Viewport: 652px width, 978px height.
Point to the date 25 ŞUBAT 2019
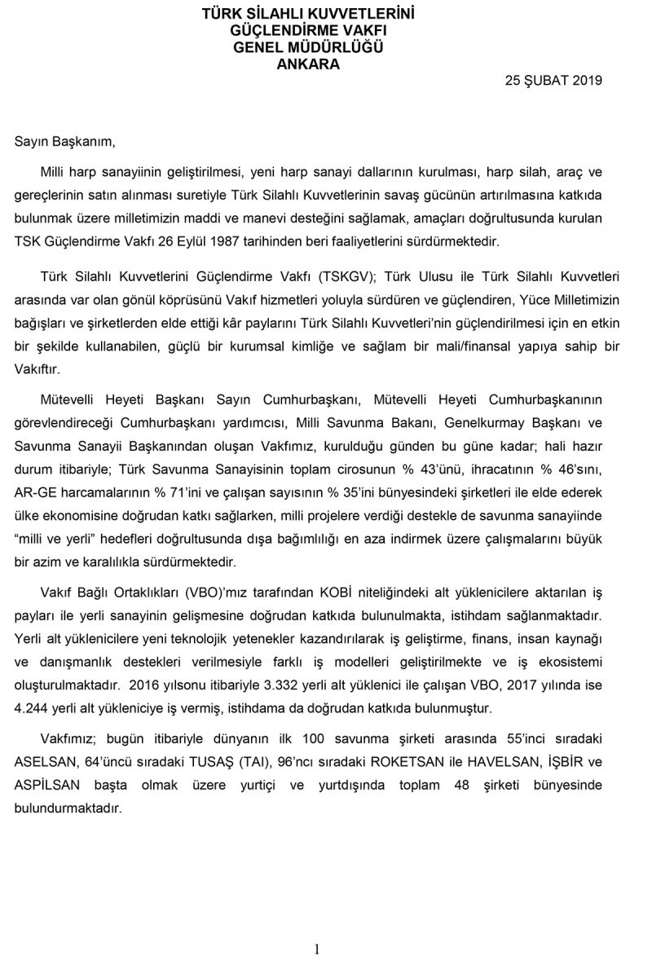553,80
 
